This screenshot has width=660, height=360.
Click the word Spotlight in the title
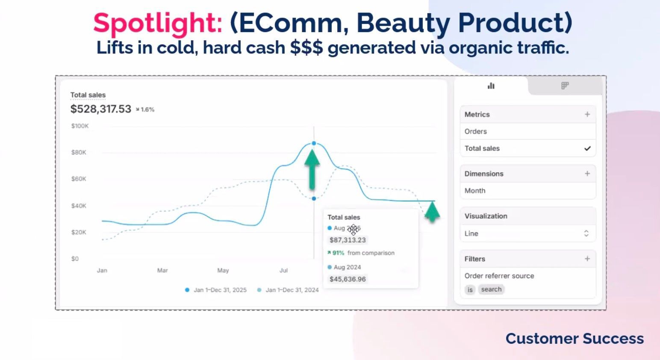157,23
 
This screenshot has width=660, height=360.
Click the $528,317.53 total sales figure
100,109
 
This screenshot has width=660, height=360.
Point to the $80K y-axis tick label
79,152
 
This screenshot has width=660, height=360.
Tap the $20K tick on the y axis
79,232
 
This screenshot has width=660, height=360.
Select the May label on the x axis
223,270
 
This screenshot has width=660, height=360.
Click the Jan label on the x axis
102,270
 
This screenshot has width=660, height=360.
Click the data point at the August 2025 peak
314,143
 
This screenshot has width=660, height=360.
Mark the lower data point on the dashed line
314,198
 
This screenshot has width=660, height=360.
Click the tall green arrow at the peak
312,169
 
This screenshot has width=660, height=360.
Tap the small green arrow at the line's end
432,211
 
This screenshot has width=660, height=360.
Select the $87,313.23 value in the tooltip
348,240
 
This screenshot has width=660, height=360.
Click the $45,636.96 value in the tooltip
348,279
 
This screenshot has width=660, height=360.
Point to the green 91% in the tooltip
338,253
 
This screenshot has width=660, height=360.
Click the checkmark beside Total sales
587,148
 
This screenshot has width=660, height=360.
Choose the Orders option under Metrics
476,131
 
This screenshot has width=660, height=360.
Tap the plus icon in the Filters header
587,259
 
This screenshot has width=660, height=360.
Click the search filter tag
491,289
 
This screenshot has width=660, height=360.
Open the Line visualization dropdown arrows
586,233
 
